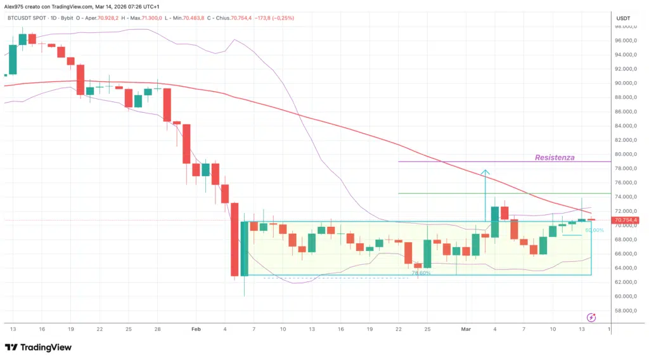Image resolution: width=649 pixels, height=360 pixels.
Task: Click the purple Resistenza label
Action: (555, 157)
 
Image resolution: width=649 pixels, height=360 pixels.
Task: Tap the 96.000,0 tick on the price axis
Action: (626, 41)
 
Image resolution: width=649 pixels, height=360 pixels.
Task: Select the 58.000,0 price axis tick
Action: (626, 311)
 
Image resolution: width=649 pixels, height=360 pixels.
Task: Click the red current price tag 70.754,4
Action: (626, 221)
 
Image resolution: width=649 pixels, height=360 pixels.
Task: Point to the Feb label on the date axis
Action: (196, 330)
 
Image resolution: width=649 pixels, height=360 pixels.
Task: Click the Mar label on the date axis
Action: (466, 330)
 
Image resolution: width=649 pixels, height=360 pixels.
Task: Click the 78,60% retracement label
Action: (421, 273)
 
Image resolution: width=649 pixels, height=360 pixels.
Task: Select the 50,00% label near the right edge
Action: (594, 230)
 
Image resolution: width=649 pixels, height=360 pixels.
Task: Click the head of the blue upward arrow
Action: (485, 171)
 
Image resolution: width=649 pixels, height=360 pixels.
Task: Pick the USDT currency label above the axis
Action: (623, 19)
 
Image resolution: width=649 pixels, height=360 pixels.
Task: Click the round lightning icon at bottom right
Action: (591, 317)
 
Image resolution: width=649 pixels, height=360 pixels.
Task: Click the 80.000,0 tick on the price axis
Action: (626, 154)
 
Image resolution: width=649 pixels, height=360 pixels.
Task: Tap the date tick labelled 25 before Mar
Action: (428, 330)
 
